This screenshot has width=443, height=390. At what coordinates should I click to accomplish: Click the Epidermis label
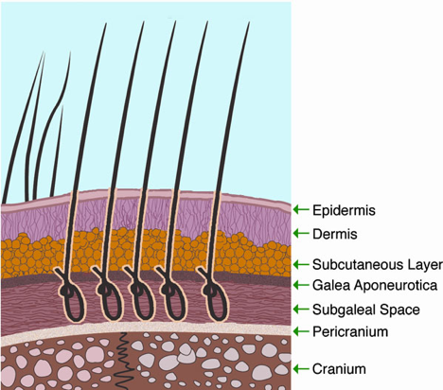(x=344, y=210)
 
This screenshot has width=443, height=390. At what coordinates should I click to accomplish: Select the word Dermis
(x=335, y=234)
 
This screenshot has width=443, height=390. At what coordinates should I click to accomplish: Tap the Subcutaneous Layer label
(x=378, y=265)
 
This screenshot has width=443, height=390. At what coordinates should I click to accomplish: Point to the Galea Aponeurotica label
(x=375, y=285)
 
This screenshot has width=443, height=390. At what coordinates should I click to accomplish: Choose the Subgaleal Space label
(x=366, y=310)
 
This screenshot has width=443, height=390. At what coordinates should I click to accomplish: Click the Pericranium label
(x=350, y=331)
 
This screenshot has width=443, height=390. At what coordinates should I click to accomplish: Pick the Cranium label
(x=339, y=369)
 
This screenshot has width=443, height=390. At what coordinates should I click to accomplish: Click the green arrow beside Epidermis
(x=301, y=209)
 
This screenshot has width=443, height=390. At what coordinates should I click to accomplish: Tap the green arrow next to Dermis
(x=301, y=233)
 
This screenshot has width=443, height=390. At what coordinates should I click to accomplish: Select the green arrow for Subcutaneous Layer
(x=301, y=264)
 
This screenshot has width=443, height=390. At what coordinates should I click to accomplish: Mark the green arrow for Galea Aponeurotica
(x=301, y=285)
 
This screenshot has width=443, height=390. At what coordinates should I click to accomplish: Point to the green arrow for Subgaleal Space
(x=301, y=310)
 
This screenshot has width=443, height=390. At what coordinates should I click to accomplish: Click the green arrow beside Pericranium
(x=301, y=331)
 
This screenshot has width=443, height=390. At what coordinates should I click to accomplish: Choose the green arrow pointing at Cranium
(x=301, y=368)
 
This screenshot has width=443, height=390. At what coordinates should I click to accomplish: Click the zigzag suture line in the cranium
(x=123, y=360)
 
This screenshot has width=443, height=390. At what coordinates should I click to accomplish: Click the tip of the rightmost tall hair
(x=249, y=22)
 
